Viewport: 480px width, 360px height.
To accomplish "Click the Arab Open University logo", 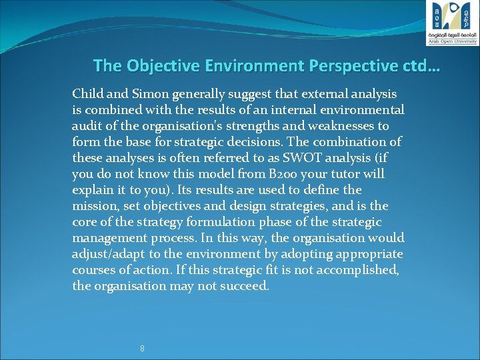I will [452, 23].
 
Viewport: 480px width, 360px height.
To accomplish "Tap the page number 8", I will [142, 349].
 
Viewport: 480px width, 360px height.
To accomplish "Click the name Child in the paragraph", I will [87, 94].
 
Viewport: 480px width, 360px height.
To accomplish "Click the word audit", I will [86, 126].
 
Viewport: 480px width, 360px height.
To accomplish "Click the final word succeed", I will [246, 286].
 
